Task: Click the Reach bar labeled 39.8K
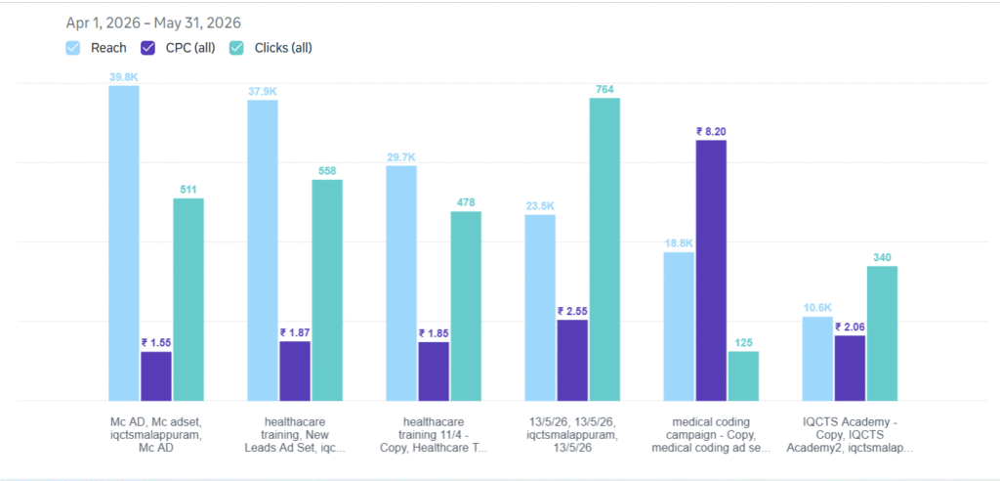click(124, 243)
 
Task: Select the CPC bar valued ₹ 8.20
click(711, 271)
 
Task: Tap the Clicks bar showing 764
click(604, 249)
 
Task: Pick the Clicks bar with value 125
click(743, 376)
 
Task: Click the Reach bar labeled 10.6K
click(817, 359)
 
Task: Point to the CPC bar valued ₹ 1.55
click(156, 376)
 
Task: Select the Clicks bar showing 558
click(327, 290)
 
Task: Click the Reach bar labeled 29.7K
click(401, 284)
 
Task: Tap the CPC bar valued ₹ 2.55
click(572, 361)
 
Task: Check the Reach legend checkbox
click(73, 48)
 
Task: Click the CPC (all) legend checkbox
click(148, 48)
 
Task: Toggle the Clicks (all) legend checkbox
click(236, 48)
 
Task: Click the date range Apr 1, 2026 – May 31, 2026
click(153, 23)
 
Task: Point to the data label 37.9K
click(263, 91)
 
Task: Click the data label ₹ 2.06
click(851, 327)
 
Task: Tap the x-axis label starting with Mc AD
click(156, 435)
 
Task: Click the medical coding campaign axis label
click(711, 435)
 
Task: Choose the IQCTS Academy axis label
click(850, 435)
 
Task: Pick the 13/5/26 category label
click(572, 435)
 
